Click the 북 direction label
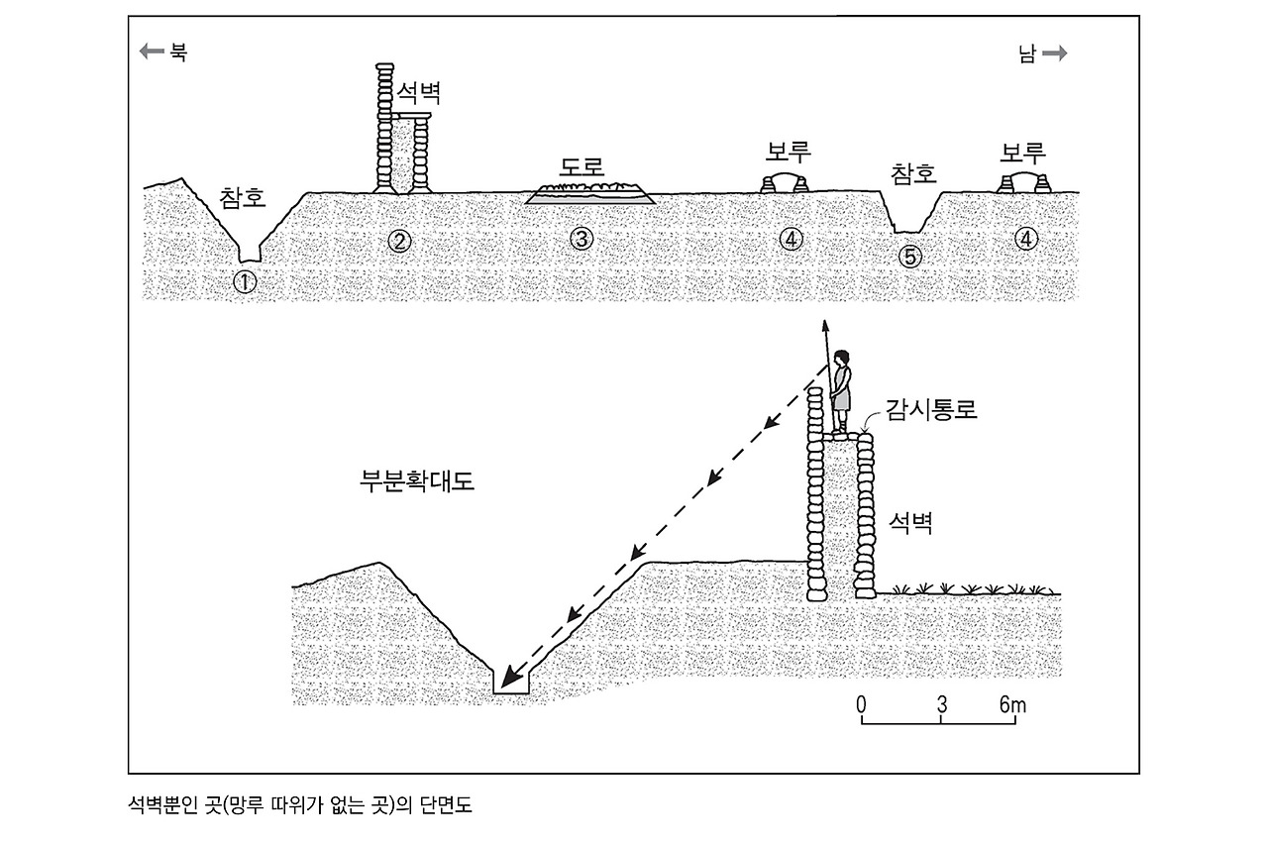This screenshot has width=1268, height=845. (177, 53)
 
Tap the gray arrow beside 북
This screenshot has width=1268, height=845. (154, 53)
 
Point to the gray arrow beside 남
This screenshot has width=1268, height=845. (1054, 54)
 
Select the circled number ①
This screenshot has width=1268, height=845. (244, 281)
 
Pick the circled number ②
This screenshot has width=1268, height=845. (399, 240)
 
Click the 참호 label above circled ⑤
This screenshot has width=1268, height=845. (912, 174)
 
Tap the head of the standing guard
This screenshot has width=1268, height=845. (842, 359)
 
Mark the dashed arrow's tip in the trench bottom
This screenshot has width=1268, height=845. (506, 683)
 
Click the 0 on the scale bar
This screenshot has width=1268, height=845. (861, 705)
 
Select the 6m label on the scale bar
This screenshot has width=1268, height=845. (1011, 705)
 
